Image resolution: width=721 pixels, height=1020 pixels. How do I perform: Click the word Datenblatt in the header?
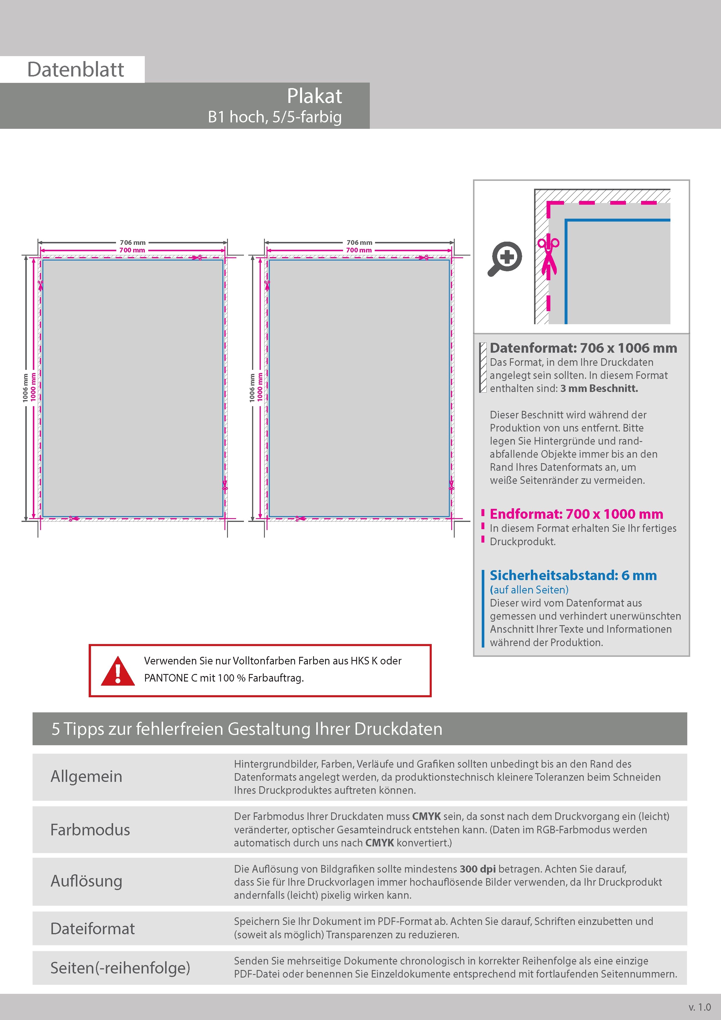tap(76, 70)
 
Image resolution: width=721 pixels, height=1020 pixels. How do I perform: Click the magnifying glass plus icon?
tap(505, 258)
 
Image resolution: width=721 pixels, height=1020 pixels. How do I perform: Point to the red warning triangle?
tap(118, 671)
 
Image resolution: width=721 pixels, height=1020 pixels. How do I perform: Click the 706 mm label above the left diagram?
tap(132, 242)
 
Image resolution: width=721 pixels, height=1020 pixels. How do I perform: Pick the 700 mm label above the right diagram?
tap(359, 250)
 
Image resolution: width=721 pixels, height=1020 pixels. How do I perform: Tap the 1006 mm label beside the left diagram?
tap(25, 388)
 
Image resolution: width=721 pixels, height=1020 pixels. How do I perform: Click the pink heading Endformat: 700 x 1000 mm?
tap(576, 514)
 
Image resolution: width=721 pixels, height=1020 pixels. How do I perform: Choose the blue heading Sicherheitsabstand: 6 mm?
tap(573, 575)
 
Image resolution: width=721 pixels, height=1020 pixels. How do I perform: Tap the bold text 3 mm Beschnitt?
tap(599, 388)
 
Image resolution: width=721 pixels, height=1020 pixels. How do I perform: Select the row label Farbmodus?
tap(90, 830)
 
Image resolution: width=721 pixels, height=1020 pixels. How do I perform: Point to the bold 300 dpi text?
tap(478, 869)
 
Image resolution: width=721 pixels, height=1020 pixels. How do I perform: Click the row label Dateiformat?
tap(92, 928)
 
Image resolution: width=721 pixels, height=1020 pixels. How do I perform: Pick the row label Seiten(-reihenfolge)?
tap(120, 968)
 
